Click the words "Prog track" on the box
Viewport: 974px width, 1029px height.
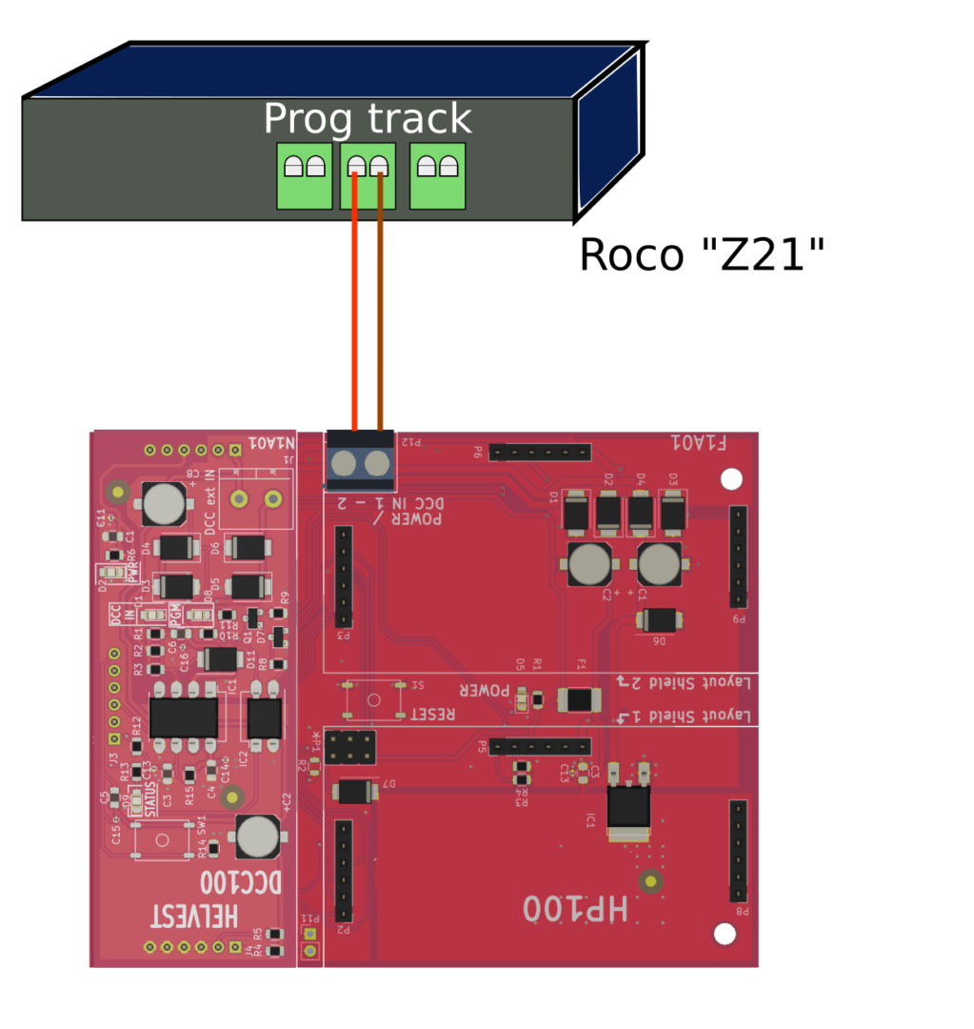[x=367, y=119]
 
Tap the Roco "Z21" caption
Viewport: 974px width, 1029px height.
[x=702, y=255]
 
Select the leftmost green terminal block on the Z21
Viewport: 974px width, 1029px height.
[x=304, y=175]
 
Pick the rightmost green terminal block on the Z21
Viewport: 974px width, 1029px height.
[x=437, y=175]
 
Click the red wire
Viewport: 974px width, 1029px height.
[x=354, y=305]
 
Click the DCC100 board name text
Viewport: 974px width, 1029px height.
[x=243, y=882]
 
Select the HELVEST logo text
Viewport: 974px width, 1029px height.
[x=195, y=917]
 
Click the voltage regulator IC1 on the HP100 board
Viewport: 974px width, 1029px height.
[x=628, y=806]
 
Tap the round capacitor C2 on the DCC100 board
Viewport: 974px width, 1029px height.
[x=257, y=837]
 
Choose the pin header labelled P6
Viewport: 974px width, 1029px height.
[x=540, y=452]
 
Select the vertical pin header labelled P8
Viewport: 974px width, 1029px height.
[x=738, y=851]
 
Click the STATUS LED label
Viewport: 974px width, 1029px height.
[x=149, y=800]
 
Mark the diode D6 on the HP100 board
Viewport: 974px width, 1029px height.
[x=657, y=620]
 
